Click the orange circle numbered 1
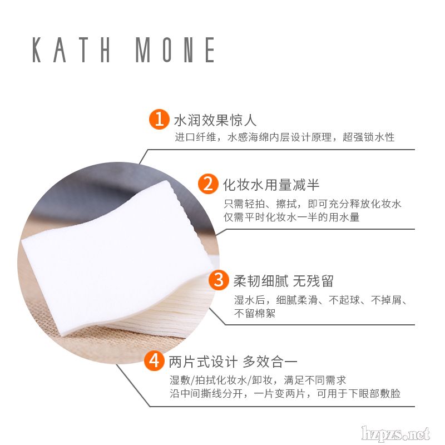click(159, 119)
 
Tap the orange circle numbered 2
click(208, 184)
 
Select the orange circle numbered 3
click(219, 280)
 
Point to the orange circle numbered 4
click(154, 361)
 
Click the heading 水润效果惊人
click(215, 120)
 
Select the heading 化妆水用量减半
click(271, 185)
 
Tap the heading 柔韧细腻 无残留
click(283, 281)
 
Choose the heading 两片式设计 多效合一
click(233, 362)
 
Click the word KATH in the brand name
click(71, 50)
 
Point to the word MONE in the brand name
click(175, 50)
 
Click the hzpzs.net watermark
click(396, 433)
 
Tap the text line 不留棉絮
click(255, 313)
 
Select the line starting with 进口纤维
click(285, 137)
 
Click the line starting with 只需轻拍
click(313, 204)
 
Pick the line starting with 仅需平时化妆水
click(291, 217)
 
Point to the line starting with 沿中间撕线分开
click(285, 393)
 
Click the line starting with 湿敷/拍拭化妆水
click(258, 380)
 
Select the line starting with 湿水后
click(321, 300)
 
